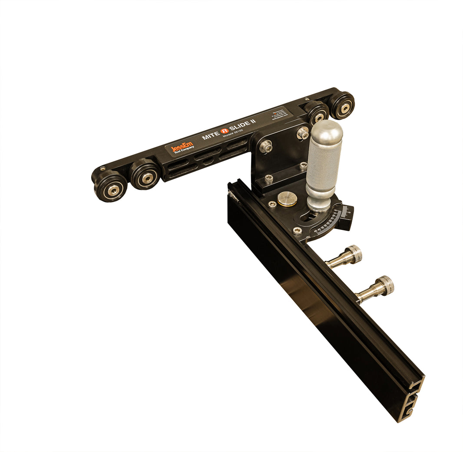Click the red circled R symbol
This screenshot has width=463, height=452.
point(224,130)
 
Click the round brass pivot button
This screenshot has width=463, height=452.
point(288,199)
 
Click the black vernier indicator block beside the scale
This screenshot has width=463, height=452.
point(347,215)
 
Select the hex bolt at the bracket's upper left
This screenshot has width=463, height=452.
point(266,147)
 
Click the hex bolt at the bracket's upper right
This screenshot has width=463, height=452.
point(303,133)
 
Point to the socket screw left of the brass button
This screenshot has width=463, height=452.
point(272,204)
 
